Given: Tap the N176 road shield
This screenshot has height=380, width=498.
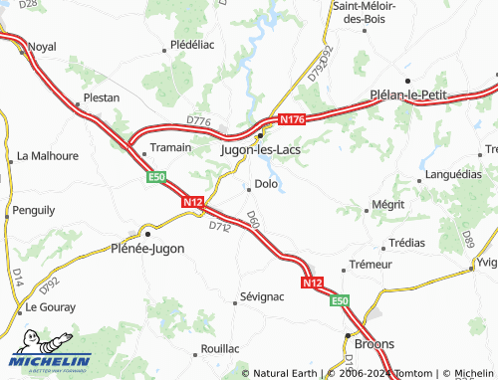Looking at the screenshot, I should coord(291,119).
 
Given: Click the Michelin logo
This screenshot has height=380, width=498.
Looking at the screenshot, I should coord(50,360).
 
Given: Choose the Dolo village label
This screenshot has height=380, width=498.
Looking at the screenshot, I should coord(266,183).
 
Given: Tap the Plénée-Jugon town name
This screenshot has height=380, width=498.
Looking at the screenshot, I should coord(147,249).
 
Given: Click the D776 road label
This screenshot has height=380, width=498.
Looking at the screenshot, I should coord(199,121).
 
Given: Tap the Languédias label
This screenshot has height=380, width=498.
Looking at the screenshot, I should coord(453,173).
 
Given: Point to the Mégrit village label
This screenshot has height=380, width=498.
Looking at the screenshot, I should coord(386,205).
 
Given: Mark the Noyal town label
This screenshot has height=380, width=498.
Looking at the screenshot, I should coord(42,47).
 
